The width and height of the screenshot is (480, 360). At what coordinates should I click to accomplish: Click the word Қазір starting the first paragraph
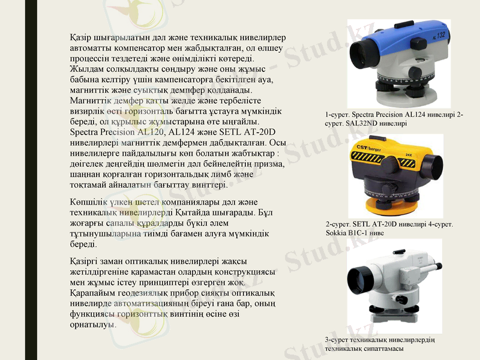80,38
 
